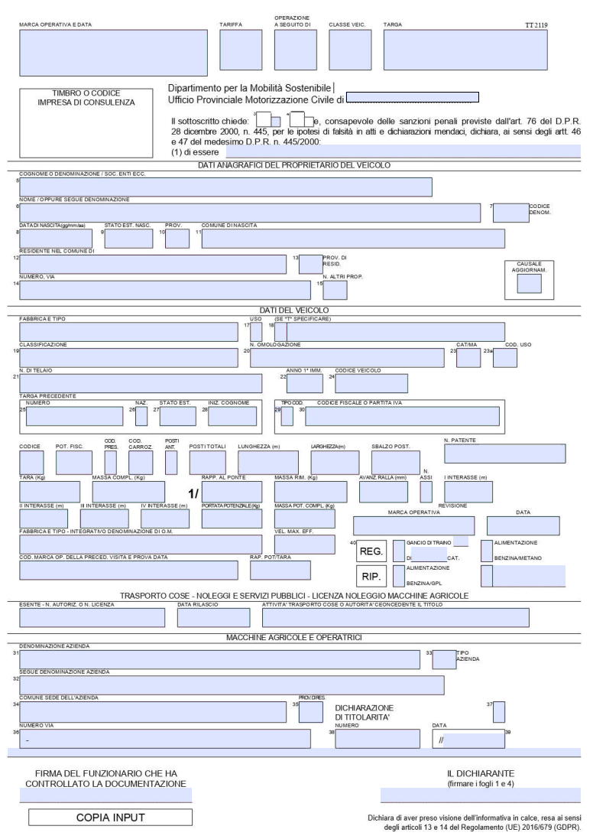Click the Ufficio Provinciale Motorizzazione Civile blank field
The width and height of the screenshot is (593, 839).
[413, 97]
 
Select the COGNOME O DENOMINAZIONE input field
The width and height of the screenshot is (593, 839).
[225, 187]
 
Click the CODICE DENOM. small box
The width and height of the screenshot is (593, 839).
[510, 212]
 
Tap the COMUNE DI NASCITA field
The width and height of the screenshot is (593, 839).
[352, 239]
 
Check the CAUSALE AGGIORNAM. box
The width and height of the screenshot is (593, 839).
[529, 284]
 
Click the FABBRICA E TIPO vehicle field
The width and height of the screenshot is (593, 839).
[128, 331]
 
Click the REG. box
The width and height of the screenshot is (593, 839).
[371, 551]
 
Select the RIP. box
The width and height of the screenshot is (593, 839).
[371, 576]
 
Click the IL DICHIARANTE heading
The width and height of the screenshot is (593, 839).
[480, 773]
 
